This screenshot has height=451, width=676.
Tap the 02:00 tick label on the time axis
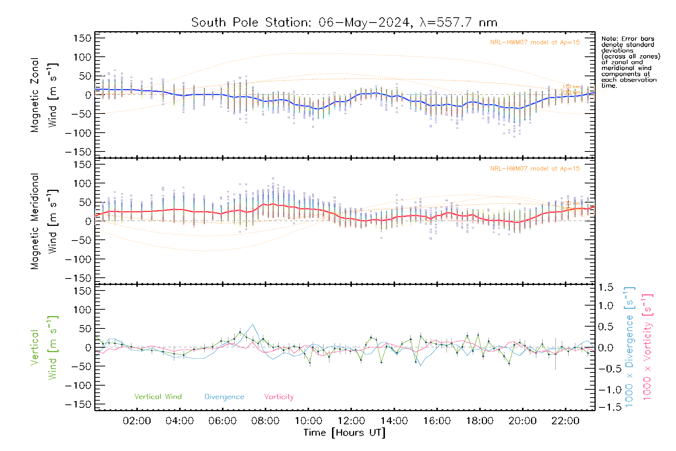click(x=137, y=421)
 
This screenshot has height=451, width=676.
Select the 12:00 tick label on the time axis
click(x=351, y=421)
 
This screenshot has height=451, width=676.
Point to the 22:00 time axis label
click(x=565, y=421)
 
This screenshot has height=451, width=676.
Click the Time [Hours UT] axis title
click(x=344, y=433)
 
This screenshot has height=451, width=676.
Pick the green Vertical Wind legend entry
click(x=158, y=397)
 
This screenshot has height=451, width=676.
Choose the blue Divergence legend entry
click(x=224, y=397)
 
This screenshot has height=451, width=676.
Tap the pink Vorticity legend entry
click(x=279, y=397)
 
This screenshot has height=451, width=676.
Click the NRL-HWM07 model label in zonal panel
click(x=535, y=42)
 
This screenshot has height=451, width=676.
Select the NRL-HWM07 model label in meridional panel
click(x=535, y=169)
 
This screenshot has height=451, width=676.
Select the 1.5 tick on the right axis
click(x=606, y=288)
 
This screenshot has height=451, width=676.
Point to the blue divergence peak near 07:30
click(x=253, y=325)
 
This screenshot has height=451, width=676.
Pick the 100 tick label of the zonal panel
click(x=83, y=57)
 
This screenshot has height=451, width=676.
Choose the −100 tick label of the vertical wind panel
click(x=78, y=386)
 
